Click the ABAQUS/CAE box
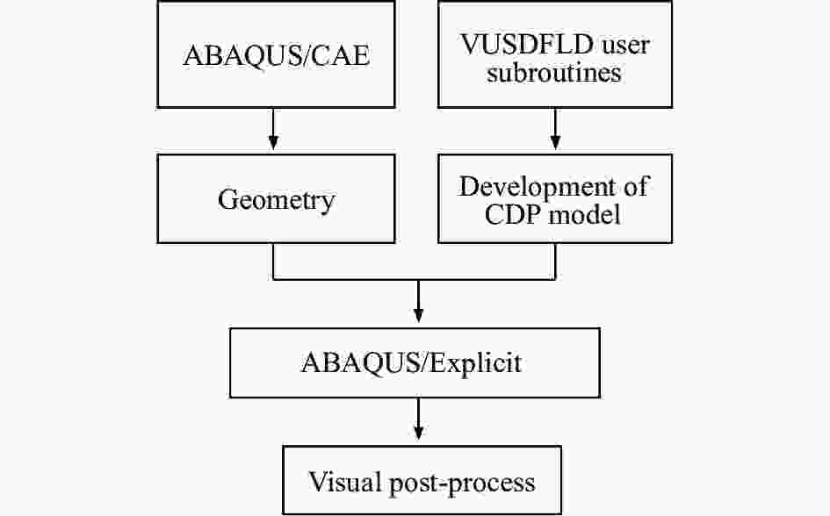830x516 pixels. coord(277,54)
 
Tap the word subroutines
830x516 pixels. coord(553,73)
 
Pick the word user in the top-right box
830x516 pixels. coord(625,46)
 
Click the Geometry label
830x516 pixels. coord(277,200)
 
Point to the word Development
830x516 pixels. coord(537,188)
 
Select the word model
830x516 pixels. coord(584,214)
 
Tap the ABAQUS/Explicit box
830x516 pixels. coord(415,362)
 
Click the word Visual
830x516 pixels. coord(345,481)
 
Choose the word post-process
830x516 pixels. coord(463,484)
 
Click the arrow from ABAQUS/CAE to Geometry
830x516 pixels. coord(273,129)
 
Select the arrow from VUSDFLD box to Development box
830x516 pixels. coord(555,129)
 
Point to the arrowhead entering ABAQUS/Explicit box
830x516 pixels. coord(418,316)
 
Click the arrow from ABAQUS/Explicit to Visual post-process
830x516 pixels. coord(418,419)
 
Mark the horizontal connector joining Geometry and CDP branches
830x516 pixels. coord(415,278)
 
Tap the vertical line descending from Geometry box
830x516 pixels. coord(273,262)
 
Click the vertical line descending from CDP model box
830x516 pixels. coord(555,262)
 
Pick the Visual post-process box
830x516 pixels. coord(422,480)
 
